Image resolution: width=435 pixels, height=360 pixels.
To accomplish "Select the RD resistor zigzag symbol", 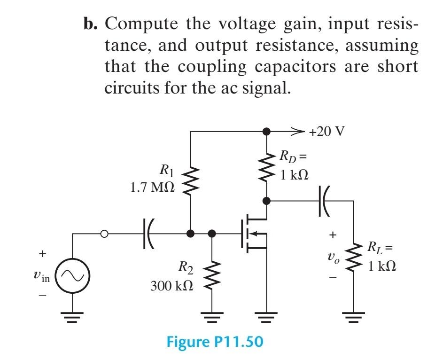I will (x=266, y=167).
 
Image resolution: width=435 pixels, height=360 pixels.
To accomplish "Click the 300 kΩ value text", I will (x=172, y=285).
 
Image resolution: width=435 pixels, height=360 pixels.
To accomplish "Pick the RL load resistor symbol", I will (x=353, y=259).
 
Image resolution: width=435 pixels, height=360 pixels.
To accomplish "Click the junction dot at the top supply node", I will (x=266, y=132).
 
